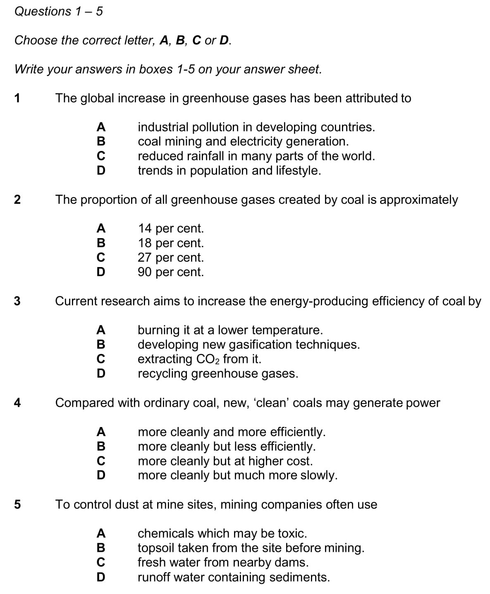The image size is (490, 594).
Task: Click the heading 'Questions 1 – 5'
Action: (x=58, y=11)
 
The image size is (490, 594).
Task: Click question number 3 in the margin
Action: (x=17, y=301)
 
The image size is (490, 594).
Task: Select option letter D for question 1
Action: (x=100, y=170)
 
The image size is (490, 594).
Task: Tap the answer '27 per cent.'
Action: (x=170, y=258)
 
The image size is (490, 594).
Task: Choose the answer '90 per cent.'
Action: (x=170, y=272)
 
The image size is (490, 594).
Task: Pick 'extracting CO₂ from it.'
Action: (x=199, y=359)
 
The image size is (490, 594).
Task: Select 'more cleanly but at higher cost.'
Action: (x=225, y=461)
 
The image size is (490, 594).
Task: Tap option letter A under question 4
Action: (x=100, y=432)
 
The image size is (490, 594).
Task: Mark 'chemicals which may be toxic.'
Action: (x=222, y=533)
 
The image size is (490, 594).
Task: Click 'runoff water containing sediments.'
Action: (x=234, y=577)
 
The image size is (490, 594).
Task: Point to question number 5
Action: (x=17, y=504)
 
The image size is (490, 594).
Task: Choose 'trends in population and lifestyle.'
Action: (x=229, y=170)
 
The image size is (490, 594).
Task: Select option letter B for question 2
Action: (x=100, y=243)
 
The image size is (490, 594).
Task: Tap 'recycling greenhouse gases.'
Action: (x=218, y=374)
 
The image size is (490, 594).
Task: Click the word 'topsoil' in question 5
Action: (x=157, y=548)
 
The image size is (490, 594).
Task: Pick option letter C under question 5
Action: (x=100, y=563)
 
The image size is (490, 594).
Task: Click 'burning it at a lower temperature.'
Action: (x=230, y=330)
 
